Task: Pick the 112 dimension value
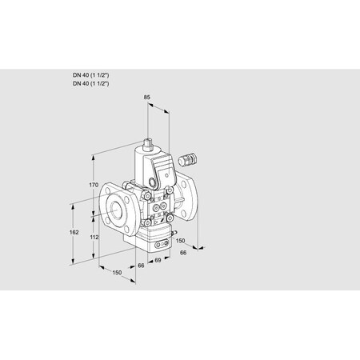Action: point(92,238)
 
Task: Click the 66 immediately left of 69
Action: point(141,265)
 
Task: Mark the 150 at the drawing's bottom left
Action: point(118,273)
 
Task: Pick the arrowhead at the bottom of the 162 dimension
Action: point(77,261)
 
